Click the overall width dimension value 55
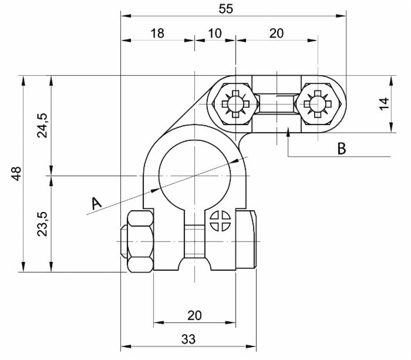225,9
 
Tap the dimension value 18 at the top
157,33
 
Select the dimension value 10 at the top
215,33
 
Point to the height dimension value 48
16,174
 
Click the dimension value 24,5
42,125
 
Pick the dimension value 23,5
42,224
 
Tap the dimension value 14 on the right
384,104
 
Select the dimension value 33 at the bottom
188,339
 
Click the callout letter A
96,203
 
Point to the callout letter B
342,149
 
